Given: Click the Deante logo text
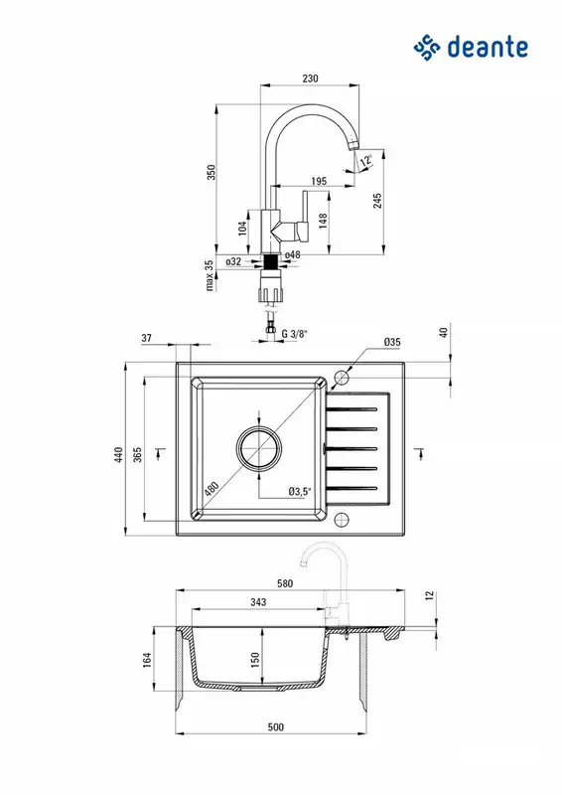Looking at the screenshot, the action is [x=488, y=47].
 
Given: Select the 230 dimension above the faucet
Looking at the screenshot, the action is [x=310, y=79].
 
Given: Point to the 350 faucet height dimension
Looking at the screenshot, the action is [x=211, y=172].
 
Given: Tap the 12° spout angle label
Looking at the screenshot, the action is [x=366, y=160].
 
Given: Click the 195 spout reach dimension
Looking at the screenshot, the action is [x=319, y=181].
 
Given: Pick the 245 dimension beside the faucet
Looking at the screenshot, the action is [x=377, y=201].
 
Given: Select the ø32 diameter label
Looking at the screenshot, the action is [x=233, y=261].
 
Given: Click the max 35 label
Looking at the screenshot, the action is [x=210, y=276].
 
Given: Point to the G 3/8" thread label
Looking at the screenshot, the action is [x=295, y=334].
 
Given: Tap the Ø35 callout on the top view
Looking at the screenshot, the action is [x=392, y=342].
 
